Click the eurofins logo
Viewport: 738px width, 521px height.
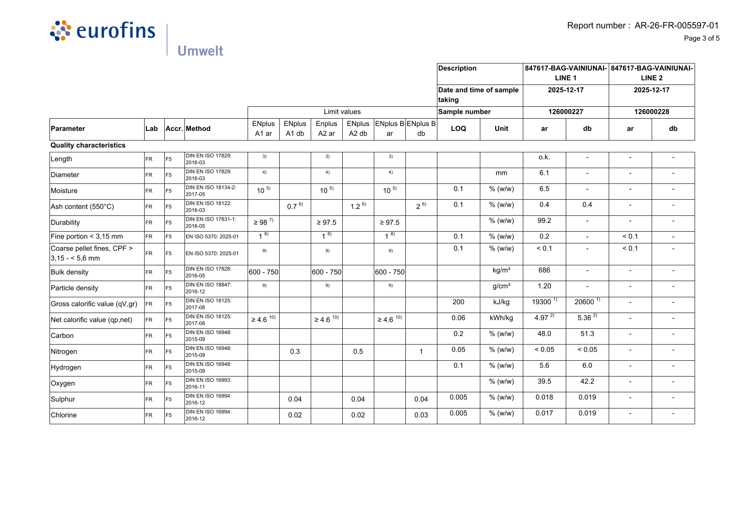point(103,31)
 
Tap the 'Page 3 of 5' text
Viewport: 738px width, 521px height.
point(702,39)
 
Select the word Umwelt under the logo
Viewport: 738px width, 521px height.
point(200,51)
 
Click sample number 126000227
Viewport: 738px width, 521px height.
point(566,112)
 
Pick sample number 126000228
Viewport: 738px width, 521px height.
point(652,112)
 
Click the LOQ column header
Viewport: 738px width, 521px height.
point(458,129)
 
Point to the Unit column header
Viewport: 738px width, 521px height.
point(501,129)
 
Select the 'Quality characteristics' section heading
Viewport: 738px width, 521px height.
point(88,145)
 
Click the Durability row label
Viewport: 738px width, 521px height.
point(65,222)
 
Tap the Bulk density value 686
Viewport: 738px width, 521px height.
point(544,271)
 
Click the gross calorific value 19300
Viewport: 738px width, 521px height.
point(542,302)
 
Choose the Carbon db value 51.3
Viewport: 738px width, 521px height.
point(587,334)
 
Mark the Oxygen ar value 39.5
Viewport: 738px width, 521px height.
point(544,382)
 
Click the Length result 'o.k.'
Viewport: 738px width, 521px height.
point(544,157)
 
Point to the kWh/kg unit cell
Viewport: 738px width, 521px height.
point(501,318)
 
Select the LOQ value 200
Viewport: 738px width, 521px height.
point(458,302)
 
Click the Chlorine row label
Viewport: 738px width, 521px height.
point(64,415)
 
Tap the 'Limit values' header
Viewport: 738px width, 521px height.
point(342,112)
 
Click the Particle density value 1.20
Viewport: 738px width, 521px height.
point(544,286)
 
